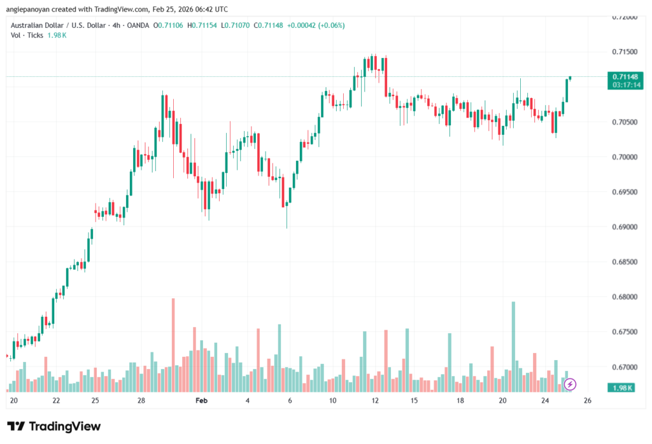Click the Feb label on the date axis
pos(201,401)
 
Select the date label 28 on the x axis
pos(141,401)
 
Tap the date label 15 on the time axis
pos(414,401)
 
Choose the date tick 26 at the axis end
pos(587,401)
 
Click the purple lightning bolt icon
pos(570,384)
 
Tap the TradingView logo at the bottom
pos(53,426)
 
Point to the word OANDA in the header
pos(139,25)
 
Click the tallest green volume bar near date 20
pos(513,343)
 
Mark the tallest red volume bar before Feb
pos(173,343)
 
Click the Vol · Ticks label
pos(26,36)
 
